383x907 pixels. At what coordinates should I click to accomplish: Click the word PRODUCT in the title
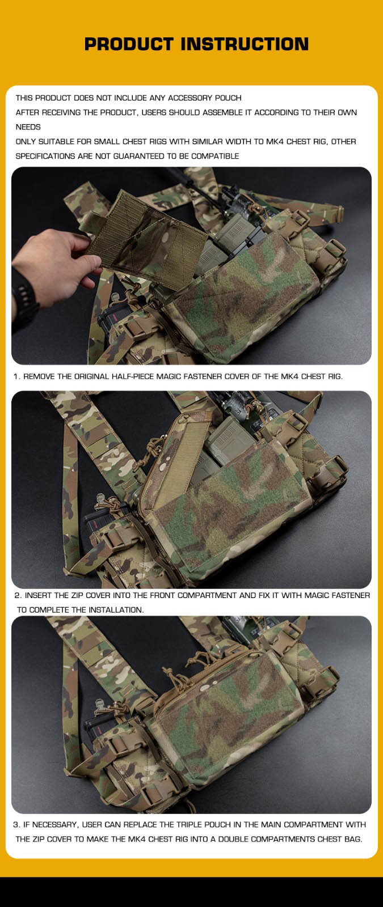(129, 44)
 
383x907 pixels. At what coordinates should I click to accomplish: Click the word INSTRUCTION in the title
(245, 44)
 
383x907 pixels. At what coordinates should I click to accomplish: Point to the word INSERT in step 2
(37, 595)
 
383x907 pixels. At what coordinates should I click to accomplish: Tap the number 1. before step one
(16, 376)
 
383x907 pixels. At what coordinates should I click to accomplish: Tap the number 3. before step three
(16, 824)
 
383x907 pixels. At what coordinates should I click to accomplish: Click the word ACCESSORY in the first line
(190, 98)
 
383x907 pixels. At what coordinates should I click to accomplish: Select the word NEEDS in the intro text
(28, 127)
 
